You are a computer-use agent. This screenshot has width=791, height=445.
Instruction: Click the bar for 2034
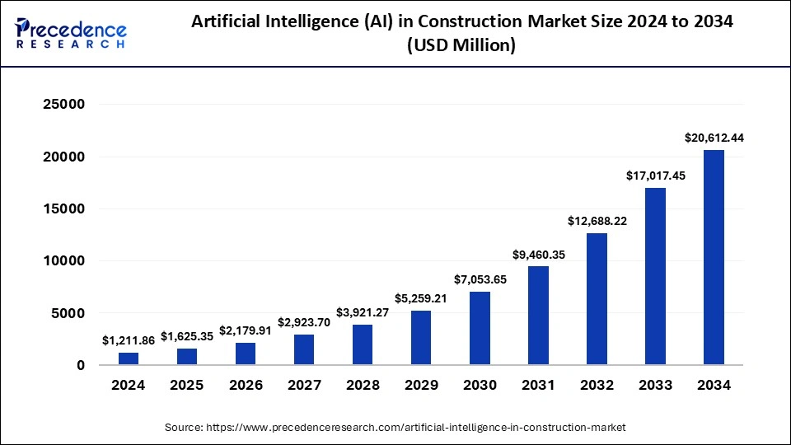click(x=714, y=257)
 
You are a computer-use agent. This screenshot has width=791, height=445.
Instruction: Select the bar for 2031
click(x=538, y=315)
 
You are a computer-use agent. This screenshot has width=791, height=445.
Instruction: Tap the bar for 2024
click(x=129, y=358)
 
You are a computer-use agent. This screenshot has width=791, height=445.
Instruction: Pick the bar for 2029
click(x=421, y=337)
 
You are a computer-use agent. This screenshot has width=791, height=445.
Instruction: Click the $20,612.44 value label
click(x=714, y=138)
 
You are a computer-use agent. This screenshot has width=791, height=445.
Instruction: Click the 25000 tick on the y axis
click(x=63, y=105)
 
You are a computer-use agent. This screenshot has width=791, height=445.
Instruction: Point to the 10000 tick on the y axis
click(x=63, y=261)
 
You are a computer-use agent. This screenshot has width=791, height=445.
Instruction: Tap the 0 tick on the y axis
click(x=81, y=365)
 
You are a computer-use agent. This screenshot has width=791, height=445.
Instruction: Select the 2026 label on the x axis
click(x=246, y=386)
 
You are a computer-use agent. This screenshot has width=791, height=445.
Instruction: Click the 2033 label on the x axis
click(x=655, y=386)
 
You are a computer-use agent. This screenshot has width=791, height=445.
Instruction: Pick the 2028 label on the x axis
click(x=363, y=386)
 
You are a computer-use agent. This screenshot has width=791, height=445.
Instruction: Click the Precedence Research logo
click(x=71, y=33)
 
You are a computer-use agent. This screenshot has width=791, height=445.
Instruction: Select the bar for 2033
click(x=655, y=276)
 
